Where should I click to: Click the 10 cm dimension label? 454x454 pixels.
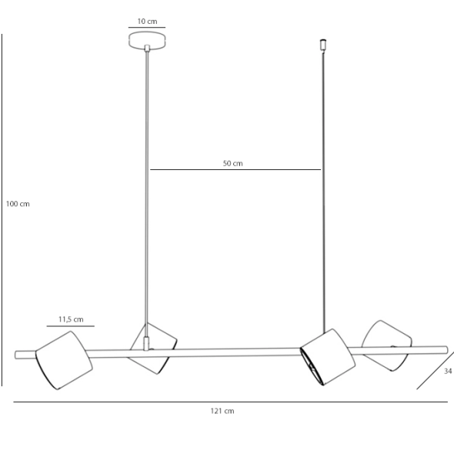pos(147,22)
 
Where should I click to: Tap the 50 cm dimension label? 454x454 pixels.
pos(233,164)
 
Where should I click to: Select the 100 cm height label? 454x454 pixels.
pos(18,204)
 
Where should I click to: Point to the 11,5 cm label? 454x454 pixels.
pos(71,319)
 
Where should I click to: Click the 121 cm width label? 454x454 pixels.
pos(222,411)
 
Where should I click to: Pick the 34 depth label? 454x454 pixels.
pos(448,371)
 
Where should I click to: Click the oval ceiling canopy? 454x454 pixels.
pos(147,41)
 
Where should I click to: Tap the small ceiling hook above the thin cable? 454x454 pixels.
pos(323,45)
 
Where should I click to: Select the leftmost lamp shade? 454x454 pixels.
pos(64,360)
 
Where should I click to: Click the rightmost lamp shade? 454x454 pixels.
pos(386,346)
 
